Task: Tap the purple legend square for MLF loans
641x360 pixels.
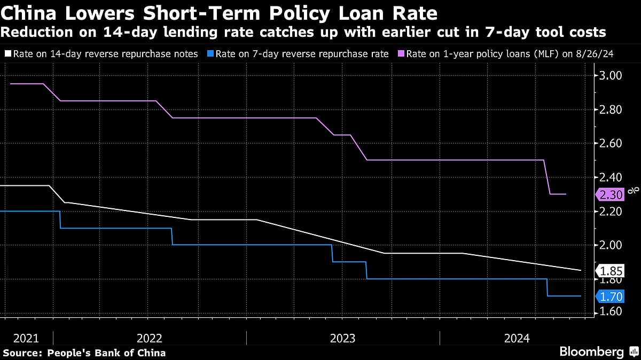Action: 401,53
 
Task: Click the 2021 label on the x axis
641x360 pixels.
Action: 26,338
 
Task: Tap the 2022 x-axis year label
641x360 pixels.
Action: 150,338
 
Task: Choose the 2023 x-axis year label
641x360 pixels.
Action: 343,338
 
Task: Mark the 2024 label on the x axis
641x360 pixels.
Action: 517,338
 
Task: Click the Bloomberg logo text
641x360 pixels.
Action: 591,351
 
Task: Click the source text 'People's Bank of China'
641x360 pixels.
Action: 106,353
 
